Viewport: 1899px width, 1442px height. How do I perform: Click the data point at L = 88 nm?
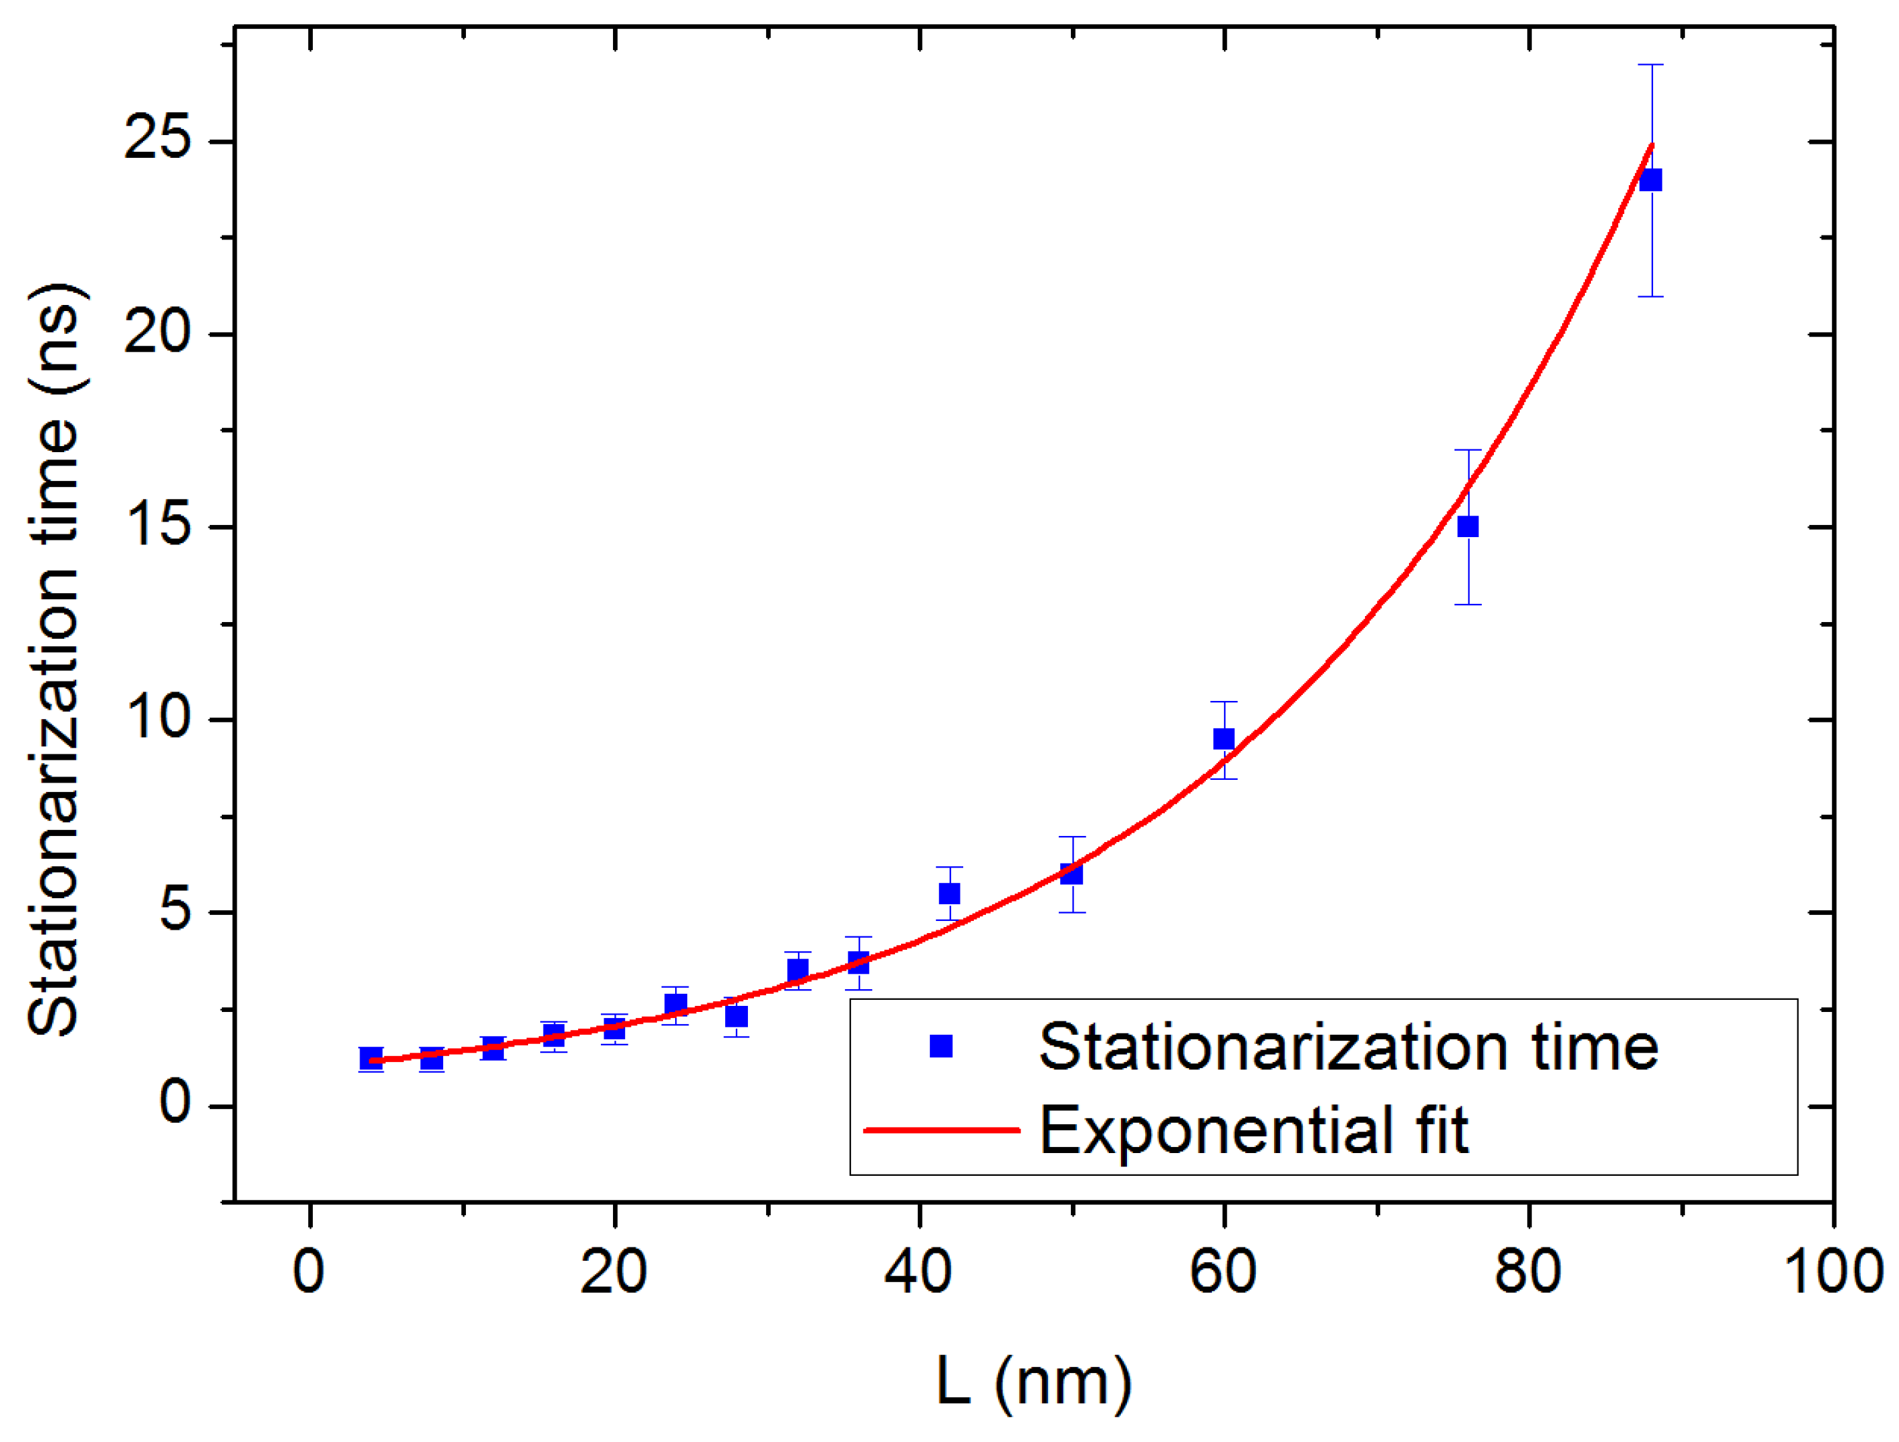click(1650, 181)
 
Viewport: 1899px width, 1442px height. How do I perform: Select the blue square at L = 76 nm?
click(1468, 526)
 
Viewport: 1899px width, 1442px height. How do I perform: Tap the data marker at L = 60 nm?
click(1223, 738)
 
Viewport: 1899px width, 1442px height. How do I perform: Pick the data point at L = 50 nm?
click(1071, 874)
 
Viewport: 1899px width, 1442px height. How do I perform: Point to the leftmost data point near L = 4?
click(371, 1058)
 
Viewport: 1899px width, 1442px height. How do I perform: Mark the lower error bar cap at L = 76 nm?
click(1468, 605)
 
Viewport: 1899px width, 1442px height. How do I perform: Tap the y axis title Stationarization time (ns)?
click(55, 659)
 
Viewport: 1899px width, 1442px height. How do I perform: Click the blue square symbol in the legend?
click(941, 1045)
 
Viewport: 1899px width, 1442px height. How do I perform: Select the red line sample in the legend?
click(941, 1130)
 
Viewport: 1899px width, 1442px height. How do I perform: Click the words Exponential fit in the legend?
click(1254, 1130)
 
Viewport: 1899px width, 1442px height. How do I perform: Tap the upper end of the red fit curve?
click(1651, 146)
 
